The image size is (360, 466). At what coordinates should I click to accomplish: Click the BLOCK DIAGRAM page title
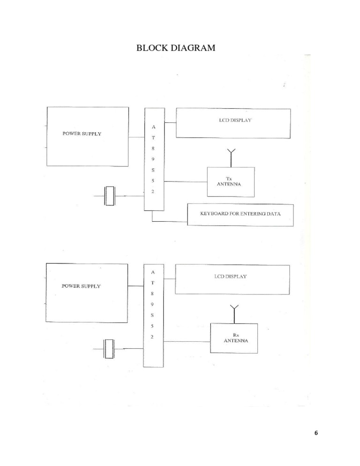pos(175,48)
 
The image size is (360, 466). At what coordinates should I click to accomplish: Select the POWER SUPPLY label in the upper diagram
pos(82,134)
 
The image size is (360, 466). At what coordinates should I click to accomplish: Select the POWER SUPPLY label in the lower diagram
pos(81,286)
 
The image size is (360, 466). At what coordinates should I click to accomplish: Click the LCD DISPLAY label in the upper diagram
pos(233,120)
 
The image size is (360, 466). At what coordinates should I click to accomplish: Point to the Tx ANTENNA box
pos(231,181)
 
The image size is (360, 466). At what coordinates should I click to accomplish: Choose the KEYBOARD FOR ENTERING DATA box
pos(240,214)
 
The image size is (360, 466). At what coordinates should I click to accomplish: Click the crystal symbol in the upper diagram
pos(109,195)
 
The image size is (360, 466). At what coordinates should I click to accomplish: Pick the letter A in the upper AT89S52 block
pos(154,127)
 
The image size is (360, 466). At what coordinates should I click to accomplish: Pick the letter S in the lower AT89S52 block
pos(153,315)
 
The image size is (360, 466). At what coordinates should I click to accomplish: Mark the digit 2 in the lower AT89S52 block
pos(153,337)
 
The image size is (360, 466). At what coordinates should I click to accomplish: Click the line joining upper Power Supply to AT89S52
pos(136,137)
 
